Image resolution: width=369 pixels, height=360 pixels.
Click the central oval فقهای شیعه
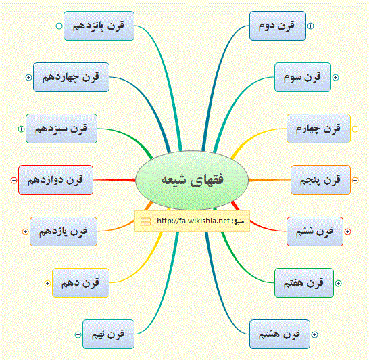click(x=192, y=180)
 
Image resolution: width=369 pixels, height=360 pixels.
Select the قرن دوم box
click(x=278, y=26)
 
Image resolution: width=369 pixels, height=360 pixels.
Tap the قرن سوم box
click(x=303, y=77)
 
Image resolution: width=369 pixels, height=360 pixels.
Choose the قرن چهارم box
click(x=318, y=129)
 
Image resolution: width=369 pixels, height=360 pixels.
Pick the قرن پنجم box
click(x=320, y=180)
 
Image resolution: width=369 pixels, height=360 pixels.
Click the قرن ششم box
click(x=315, y=231)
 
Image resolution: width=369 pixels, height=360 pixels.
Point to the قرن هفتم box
click(x=304, y=283)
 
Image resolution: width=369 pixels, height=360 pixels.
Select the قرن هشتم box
click(x=280, y=334)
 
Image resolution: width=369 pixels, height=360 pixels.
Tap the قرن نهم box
click(x=109, y=334)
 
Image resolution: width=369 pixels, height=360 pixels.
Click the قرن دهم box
click(x=80, y=283)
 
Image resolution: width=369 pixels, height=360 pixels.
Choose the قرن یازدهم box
click(x=64, y=231)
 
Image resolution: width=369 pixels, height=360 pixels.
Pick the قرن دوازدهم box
click(x=56, y=180)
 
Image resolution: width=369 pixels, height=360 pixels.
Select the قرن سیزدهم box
click(x=62, y=129)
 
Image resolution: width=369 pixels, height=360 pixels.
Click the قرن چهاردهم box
click(x=72, y=77)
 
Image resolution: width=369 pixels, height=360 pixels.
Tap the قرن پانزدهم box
click(x=99, y=26)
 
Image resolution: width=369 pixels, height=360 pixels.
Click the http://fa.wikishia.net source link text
click(x=193, y=221)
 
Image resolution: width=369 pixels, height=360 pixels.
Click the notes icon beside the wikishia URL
click(x=145, y=221)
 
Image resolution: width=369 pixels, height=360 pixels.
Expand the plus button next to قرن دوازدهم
click(x=14, y=180)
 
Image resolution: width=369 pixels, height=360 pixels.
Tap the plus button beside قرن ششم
click(x=347, y=231)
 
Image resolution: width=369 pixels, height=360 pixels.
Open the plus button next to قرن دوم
click(x=310, y=26)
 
